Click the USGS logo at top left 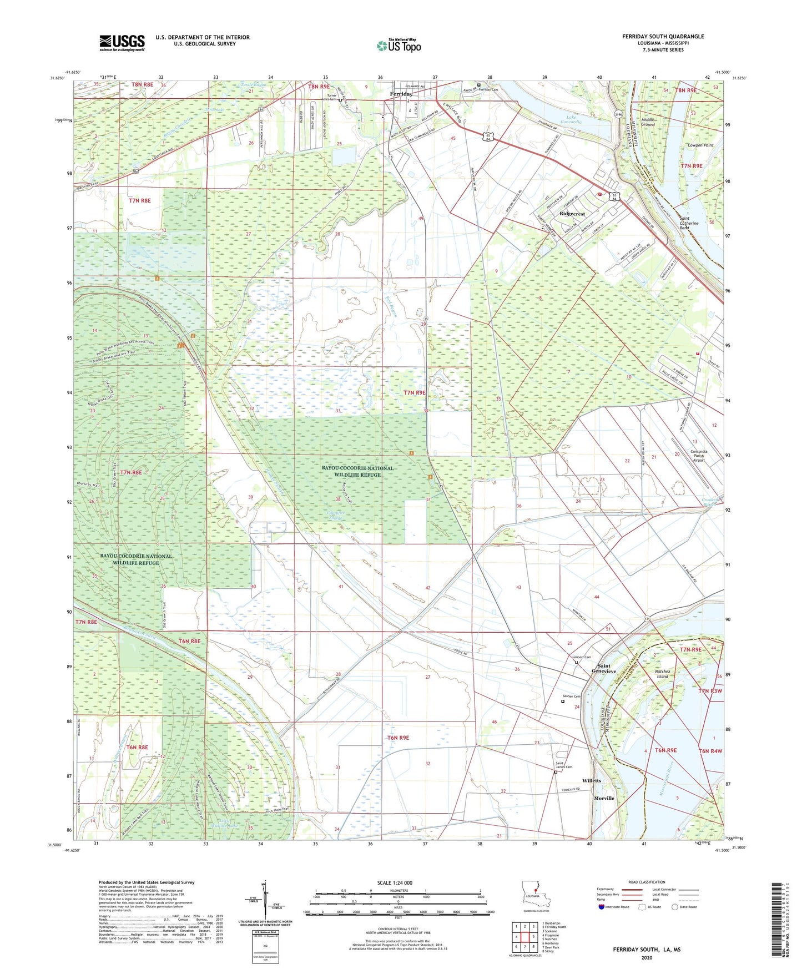122,43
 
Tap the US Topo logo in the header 399,46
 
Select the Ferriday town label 401,94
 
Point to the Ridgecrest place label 572,214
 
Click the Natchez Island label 662,674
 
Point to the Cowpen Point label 700,145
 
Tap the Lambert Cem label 581,658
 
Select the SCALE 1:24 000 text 398,883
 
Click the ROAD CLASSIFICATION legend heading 647,882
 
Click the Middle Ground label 648,122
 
